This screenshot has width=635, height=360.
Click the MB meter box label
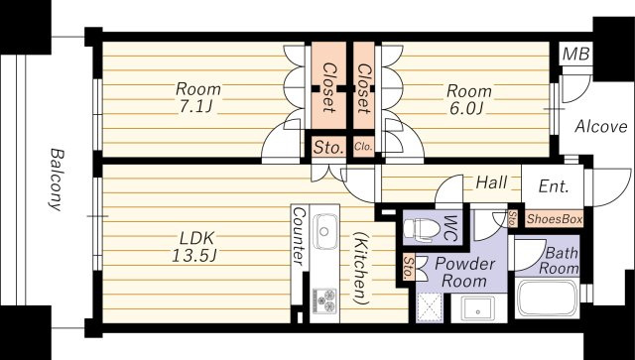pos(576,54)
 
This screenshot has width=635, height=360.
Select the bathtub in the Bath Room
pos(547,299)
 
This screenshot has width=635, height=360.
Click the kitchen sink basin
pos(324,231)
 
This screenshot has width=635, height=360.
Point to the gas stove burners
pos(324,300)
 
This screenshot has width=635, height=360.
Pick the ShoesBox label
pos(555,219)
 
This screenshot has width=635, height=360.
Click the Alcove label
pos(601,127)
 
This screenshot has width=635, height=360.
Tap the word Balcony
pos(57,180)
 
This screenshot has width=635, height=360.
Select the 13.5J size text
pos(195,256)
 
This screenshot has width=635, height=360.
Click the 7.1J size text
pos(195,107)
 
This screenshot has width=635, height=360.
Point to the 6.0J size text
pos(466,108)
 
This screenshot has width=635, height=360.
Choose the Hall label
pos(491,182)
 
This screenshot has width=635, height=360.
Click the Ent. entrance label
pos(554,186)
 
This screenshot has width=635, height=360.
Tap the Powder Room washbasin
pos(478,309)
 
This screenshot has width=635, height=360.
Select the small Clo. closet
pos(363,147)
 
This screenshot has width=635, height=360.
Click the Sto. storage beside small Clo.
pos(328,147)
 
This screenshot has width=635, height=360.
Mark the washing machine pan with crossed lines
pos(430,307)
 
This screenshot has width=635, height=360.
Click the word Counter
pos(300,236)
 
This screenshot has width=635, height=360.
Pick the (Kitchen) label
pos(359,268)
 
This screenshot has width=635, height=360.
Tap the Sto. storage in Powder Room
pos(409,267)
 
